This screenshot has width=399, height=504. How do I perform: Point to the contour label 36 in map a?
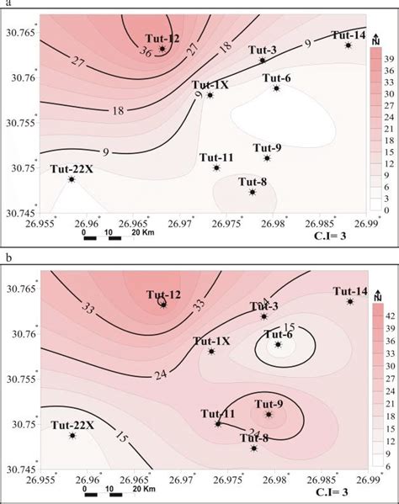(x=145, y=50)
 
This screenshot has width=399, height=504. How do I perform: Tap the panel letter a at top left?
(x=4, y=4)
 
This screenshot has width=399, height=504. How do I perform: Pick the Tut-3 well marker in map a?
(x=263, y=61)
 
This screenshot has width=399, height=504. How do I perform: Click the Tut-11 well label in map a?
(x=215, y=157)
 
